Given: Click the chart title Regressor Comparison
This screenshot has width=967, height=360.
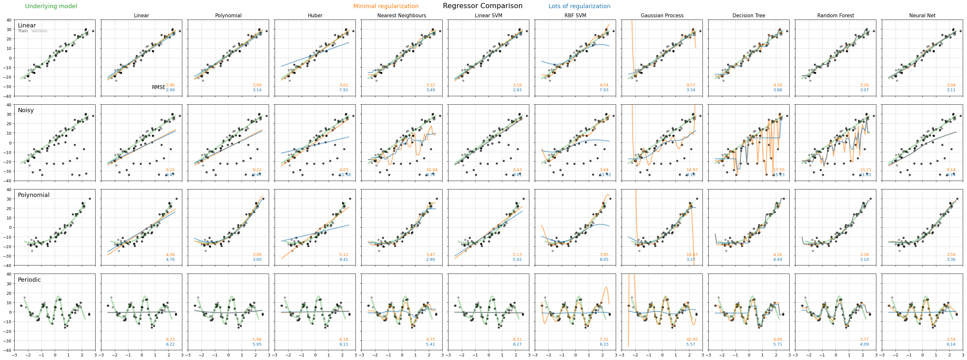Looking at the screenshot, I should [482, 6].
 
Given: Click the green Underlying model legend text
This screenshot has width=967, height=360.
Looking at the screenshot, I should [51, 7].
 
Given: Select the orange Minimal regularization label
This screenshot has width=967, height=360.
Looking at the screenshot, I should [385, 7].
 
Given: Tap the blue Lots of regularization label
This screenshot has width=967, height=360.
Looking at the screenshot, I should [579, 7].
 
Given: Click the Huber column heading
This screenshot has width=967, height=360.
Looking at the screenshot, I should [315, 16].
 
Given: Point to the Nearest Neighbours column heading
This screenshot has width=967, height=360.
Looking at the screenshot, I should [402, 16].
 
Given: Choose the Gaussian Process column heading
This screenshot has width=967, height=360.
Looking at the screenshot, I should [662, 16].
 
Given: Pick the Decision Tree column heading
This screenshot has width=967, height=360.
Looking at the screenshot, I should [748, 16].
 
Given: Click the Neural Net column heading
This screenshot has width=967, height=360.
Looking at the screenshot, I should [922, 16].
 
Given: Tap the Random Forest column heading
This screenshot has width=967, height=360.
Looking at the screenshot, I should [835, 16].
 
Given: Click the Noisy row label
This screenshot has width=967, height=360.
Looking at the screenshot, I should [26, 110].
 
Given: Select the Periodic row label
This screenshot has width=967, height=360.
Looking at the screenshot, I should [29, 280].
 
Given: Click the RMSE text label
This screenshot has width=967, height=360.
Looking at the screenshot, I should [159, 87].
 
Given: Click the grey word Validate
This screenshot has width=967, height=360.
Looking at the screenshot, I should [39, 31].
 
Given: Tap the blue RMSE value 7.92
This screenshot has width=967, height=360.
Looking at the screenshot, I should [343, 90].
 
